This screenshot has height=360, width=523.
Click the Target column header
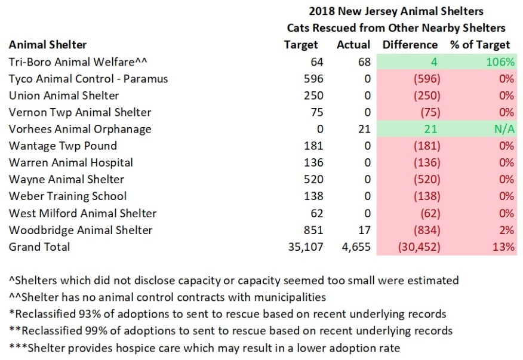[x=301, y=45]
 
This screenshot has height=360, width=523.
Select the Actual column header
[x=353, y=45]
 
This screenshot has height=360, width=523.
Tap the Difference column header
[x=410, y=45]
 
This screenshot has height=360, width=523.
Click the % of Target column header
[x=480, y=45]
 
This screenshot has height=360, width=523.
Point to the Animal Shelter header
[x=48, y=45]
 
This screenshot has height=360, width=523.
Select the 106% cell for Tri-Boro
[x=500, y=62]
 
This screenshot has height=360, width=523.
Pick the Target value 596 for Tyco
[x=313, y=79]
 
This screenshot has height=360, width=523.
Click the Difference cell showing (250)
[x=426, y=96]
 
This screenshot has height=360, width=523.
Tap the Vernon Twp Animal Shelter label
[x=80, y=112]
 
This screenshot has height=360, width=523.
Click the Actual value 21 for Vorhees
[x=364, y=129]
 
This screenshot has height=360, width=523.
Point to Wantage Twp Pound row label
[x=63, y=146]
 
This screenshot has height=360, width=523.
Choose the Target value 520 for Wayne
[x=313, y=179]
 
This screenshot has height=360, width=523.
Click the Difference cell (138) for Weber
[x=426, y=196]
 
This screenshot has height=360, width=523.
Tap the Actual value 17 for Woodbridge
[x=364, y=230]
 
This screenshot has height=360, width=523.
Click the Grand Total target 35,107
[x=305, y=247]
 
